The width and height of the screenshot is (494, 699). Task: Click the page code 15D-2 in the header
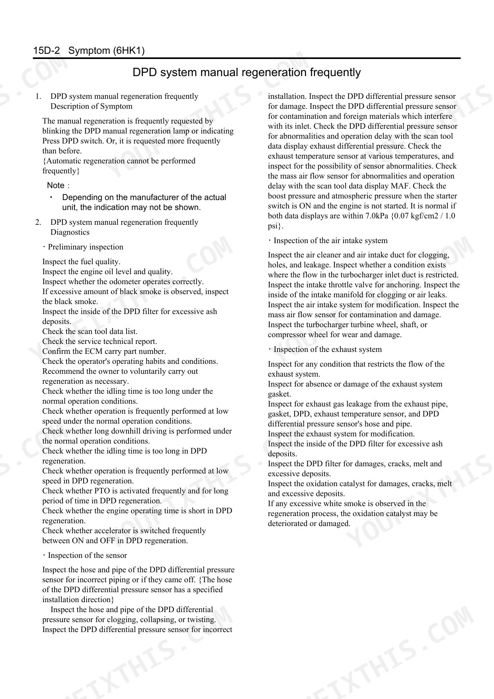[47, 51]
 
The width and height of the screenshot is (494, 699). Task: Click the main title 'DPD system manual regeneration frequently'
[246, 73]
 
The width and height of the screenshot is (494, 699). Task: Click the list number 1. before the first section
[38, 96]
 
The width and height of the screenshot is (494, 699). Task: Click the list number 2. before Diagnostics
[38, 222]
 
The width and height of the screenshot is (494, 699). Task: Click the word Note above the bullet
[56, 185]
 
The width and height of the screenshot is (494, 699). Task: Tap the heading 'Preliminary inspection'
[86, 247]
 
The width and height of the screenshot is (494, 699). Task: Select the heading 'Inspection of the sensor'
[87, 556]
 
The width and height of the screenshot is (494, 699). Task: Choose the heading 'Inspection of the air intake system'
[330, 241]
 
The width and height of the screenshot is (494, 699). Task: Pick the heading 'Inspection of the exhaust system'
[328, 349]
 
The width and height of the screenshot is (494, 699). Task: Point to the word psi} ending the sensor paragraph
[275, 226]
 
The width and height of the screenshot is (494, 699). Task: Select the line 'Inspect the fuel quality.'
[81, 262]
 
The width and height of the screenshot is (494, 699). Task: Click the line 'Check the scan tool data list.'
[90, 332]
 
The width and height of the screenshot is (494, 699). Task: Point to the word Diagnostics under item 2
[70, 232]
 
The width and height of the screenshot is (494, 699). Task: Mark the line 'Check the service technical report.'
[100, 342]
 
